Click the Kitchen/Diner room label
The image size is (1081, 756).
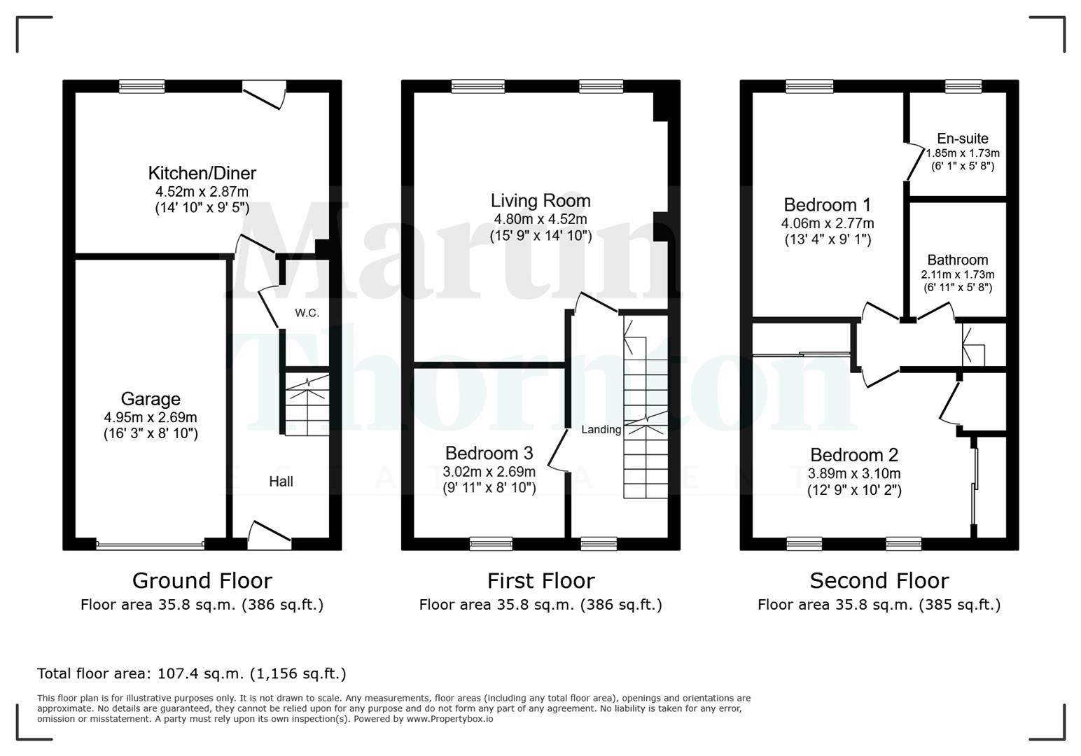coord(202,173)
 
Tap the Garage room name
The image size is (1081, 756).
coord(151,399)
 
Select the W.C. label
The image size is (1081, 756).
coord(307,313)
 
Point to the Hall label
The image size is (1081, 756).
coord(281,482)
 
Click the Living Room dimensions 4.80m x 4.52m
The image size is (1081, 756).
coord(540,219)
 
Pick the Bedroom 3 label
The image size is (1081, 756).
coord(489,453)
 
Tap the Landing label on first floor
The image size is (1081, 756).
coord(601,430)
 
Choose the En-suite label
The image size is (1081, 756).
coord(963,139)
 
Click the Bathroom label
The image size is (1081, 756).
coord(957,260)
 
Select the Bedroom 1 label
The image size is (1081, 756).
coord(827,205)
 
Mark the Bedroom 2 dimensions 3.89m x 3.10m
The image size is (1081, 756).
coord(854,473)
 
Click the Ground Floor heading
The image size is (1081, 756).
coord(202,581)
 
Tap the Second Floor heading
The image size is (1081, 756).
coord(879,581)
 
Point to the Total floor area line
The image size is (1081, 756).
coord(191,674)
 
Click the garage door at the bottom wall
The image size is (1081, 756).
coord(150,544)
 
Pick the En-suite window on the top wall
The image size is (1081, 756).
coord(963,86)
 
